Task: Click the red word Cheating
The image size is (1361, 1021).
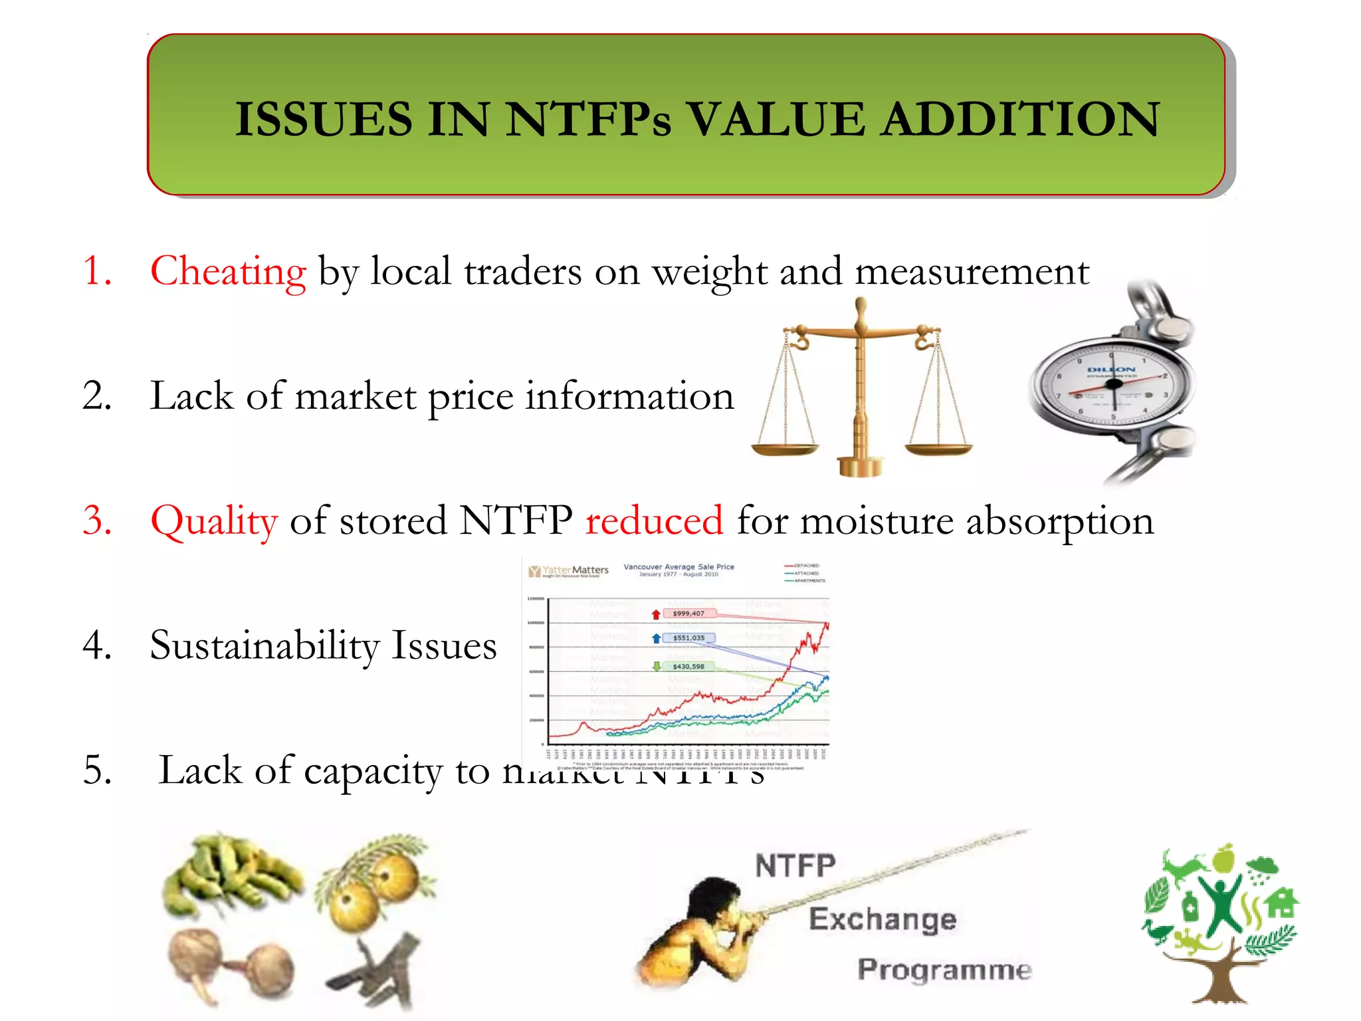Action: (228, 271)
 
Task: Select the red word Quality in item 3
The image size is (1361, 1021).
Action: (213, 520)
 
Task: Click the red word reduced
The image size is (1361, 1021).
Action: (654, 520)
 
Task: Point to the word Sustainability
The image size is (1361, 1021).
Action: (265, 645)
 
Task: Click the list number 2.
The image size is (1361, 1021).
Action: (97, 396)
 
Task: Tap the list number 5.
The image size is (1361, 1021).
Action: (97, 770)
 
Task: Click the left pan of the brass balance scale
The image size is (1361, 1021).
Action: (785, 449)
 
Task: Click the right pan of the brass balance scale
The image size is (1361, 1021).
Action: (938, 449)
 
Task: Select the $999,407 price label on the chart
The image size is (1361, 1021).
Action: (688, 614)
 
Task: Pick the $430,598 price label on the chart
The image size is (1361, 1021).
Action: (688, 666)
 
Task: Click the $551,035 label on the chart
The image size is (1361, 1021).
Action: (688, 638)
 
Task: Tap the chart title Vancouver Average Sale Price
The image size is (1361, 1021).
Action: (679, 567)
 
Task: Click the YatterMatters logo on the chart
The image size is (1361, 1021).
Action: (569, 571)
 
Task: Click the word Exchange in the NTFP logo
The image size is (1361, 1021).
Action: (883, 920)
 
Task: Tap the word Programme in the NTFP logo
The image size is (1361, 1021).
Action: (944, 970)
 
